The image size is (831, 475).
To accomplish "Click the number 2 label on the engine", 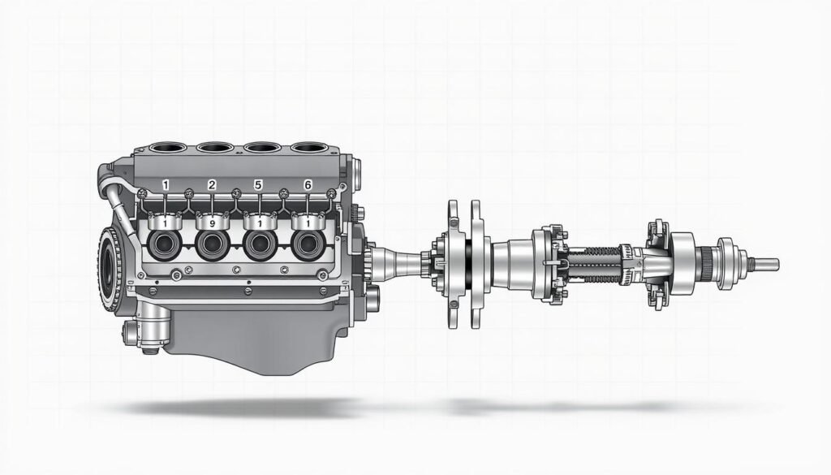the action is point(212,185).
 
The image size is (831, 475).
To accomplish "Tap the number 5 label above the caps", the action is point(258,185).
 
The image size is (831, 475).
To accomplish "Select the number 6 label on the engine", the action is point(308,185).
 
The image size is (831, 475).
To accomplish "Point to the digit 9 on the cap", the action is point(212,224).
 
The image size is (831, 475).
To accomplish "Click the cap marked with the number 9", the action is point(212,221).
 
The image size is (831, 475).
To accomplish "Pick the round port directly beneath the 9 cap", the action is point(212,244).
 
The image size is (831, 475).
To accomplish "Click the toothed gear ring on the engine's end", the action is point(110,270).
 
